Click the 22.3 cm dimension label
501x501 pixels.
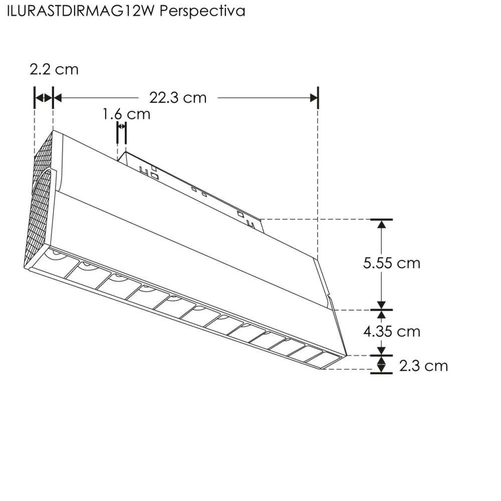coord(178,98)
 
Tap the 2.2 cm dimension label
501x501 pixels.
coord(54,69)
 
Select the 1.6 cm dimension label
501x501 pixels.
coord(126,114)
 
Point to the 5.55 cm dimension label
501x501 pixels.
coord(392,263)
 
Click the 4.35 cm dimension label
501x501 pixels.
coord(392,331)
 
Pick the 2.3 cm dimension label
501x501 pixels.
coord(423,366)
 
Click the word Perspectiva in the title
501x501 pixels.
coord(203,12)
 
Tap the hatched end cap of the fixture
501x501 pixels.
coord(39,205)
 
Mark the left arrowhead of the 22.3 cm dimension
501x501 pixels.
coord(58,98)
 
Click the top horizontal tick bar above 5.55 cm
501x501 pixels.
coord(382,219)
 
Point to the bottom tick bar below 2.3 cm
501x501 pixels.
coord(382,373)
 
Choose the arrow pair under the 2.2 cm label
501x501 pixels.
coord(43,98)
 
